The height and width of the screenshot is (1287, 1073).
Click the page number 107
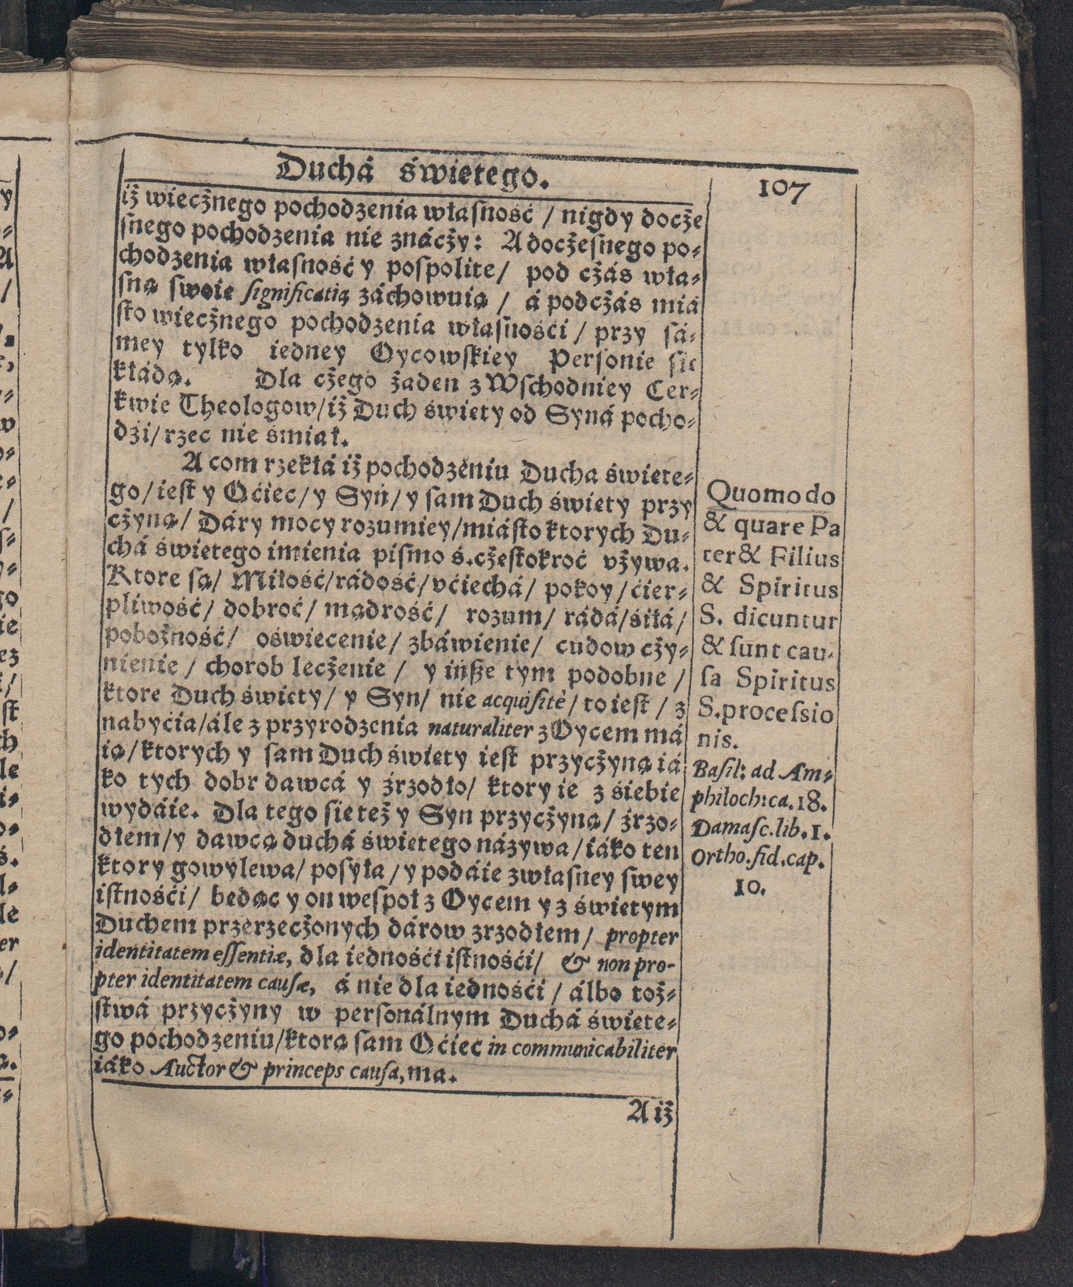pyautogui.click(x=784, y=191)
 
